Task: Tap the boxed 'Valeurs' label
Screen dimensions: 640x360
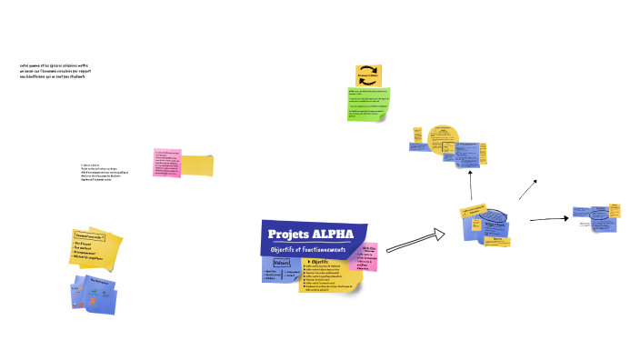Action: click(282, 264)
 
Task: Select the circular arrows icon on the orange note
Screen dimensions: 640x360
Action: click(368, 75)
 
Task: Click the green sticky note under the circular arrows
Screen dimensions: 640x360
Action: click(369, 104)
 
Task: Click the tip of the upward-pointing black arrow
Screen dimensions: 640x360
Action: click(471, 173)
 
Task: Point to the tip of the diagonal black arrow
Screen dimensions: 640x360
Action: click(536, 181)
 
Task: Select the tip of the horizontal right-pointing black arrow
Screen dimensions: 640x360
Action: click(568, 218)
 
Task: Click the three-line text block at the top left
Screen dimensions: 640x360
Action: click(55, 71)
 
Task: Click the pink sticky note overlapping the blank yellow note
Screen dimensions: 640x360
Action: click(167, 162)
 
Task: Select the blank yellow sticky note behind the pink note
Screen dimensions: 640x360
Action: click(198, 165)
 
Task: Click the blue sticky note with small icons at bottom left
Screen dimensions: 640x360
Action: click(95, 296)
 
